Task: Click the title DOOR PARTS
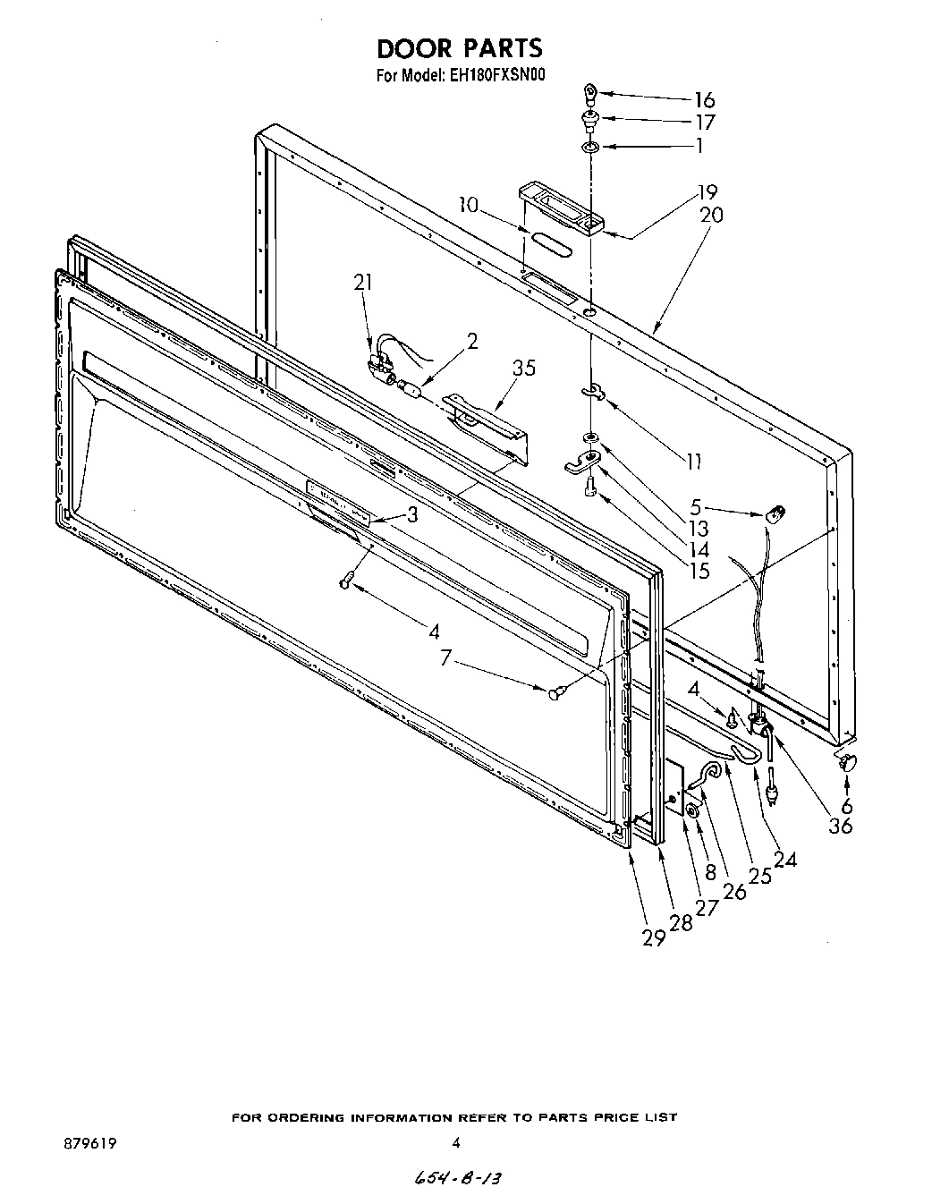(459, 47)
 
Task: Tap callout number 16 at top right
(705, 100)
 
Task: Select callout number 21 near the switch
(362, 283)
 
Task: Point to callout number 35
(524, 368)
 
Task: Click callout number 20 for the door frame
(711, 216)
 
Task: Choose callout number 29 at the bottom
(654, 937)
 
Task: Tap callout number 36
(840, 826)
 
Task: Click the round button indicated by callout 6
(846, 761)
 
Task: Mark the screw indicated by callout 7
(555, 691)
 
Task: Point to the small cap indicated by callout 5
(775, 513)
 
